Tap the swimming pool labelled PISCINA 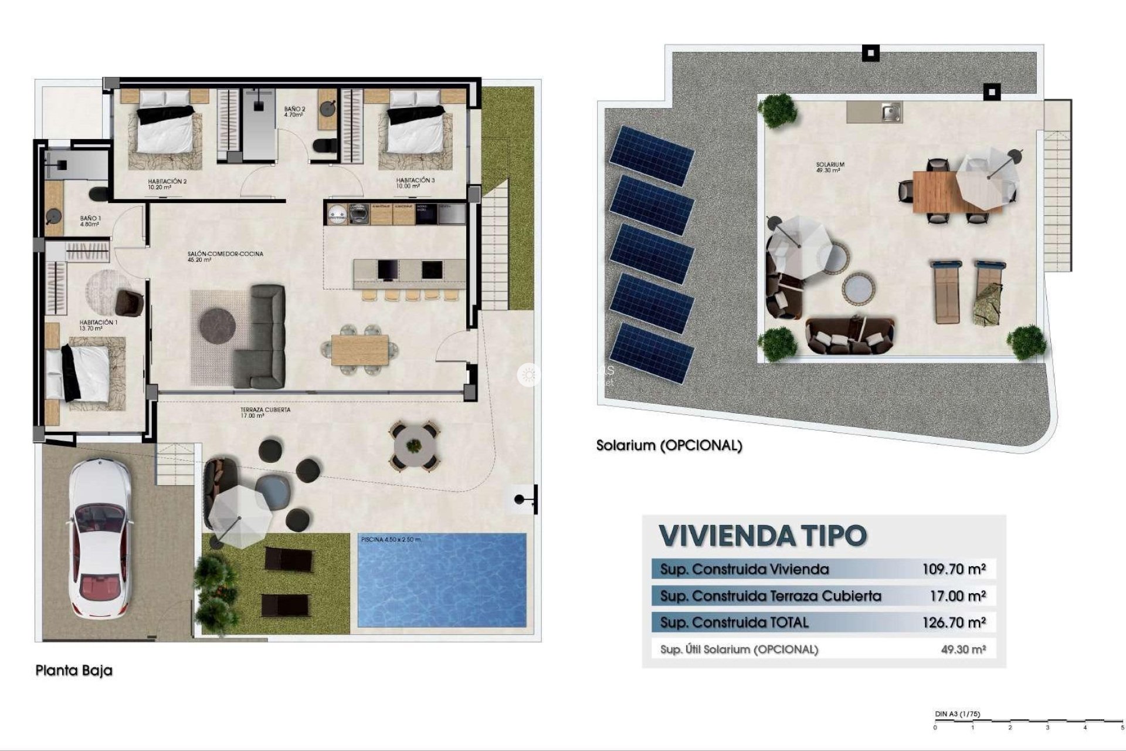pos(442,580)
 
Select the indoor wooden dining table pos(359,350)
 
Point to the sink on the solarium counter pos(891,111)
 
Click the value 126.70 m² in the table pos(954,623)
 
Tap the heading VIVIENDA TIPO pos(762,535)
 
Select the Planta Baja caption pos(74,670)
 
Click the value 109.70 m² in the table pos(954,569)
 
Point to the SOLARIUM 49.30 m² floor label pos(829,167)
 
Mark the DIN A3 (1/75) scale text pos(957,714)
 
